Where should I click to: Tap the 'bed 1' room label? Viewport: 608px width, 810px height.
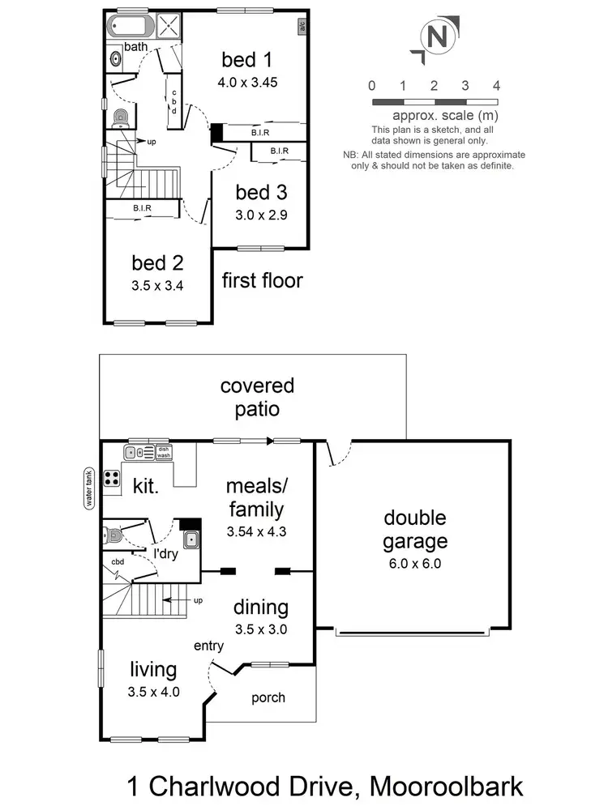coord(246,60)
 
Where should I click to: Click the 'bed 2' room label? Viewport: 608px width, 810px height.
coord(157,263)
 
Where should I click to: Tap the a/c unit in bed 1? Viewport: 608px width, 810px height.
coord(301,25)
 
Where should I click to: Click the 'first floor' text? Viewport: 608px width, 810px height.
coord(262,281)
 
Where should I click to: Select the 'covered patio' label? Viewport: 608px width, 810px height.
coord(257,397)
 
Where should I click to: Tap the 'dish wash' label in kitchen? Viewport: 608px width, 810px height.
coord(164,452)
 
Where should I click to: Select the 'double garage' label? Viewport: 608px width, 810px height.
coord(414,530)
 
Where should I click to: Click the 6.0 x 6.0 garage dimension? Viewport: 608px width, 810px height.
coord(414,565)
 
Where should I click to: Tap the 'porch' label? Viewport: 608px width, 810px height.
coord(268,697)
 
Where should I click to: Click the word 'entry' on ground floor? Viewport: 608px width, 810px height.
coord(209,646)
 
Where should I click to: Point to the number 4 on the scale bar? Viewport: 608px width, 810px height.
coord(496,86)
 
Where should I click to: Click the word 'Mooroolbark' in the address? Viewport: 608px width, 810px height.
coord(445,786)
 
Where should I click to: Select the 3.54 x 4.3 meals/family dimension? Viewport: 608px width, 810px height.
coord(256,532)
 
